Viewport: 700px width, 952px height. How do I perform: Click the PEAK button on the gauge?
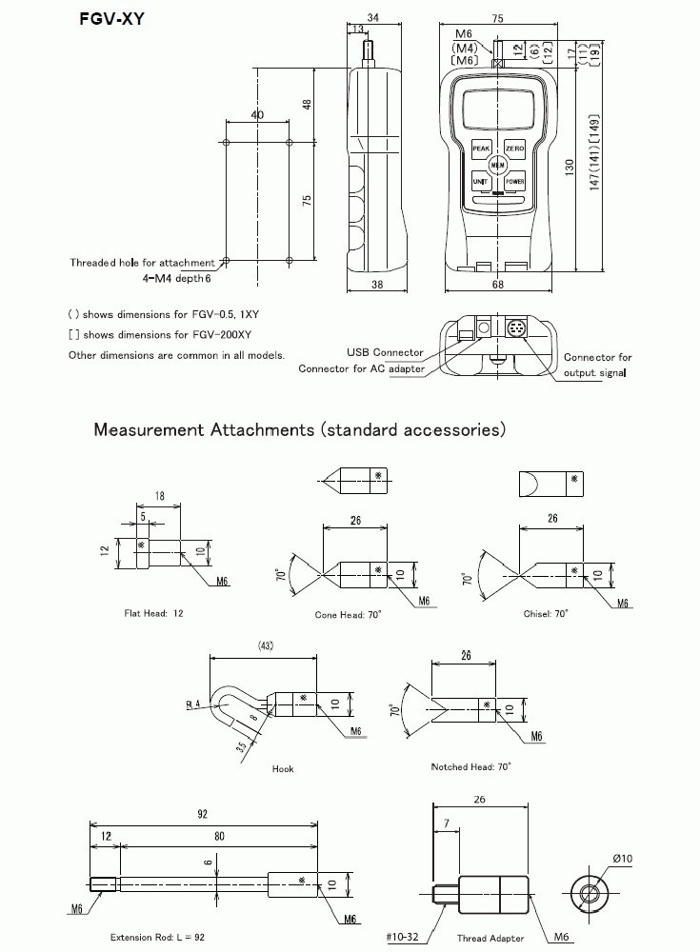[x=480, y=149]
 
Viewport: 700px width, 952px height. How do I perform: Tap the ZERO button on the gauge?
[x=514, y=149]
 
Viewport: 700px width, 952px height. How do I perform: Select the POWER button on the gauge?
[x=514, y=181]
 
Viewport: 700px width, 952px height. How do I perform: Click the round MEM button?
[x=497, y=165]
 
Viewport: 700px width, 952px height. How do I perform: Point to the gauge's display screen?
[x=496, y=109]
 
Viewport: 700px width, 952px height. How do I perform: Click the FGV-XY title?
[x=111, y=17]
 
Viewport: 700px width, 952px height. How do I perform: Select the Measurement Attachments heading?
[x=299, y=429]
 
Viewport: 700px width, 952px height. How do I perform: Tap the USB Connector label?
[x=386, y=353]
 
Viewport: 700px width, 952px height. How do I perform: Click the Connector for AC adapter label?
[x=361, y=368]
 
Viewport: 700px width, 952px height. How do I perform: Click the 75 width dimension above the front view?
[x=496, y=17]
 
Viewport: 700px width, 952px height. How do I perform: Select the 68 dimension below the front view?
[x=496, y=285]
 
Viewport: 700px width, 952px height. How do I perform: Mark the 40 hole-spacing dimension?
[x=257, y=114]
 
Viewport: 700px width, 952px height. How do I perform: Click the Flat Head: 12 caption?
[x=154, y=613]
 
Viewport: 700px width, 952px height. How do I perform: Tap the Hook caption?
[x=283, y=768]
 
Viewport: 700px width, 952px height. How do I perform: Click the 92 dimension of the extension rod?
[x=202, y=815]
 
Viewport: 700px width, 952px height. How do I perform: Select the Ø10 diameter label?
[x=624, y=859]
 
